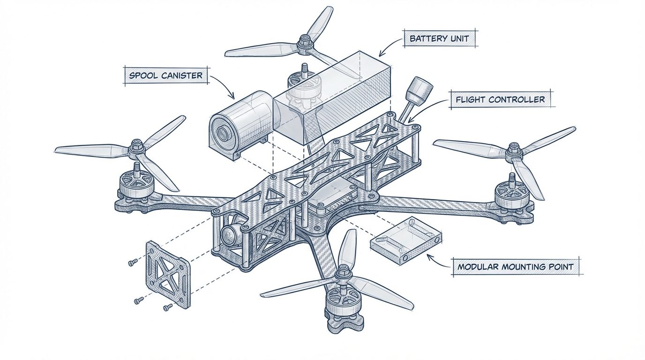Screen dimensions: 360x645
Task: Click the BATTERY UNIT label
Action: (x=440, y=38)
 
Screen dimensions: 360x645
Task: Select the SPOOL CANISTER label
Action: (x=166, y=75)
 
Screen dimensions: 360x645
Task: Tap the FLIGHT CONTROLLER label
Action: (x=500, y=99)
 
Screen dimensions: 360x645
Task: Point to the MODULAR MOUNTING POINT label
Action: (x=515, y=267)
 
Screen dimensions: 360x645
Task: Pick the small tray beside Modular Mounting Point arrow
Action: (x=406, y=241)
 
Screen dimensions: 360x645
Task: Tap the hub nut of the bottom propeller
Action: (x=342, y=272)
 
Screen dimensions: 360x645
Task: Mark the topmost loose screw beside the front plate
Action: (x=132, y=263)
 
